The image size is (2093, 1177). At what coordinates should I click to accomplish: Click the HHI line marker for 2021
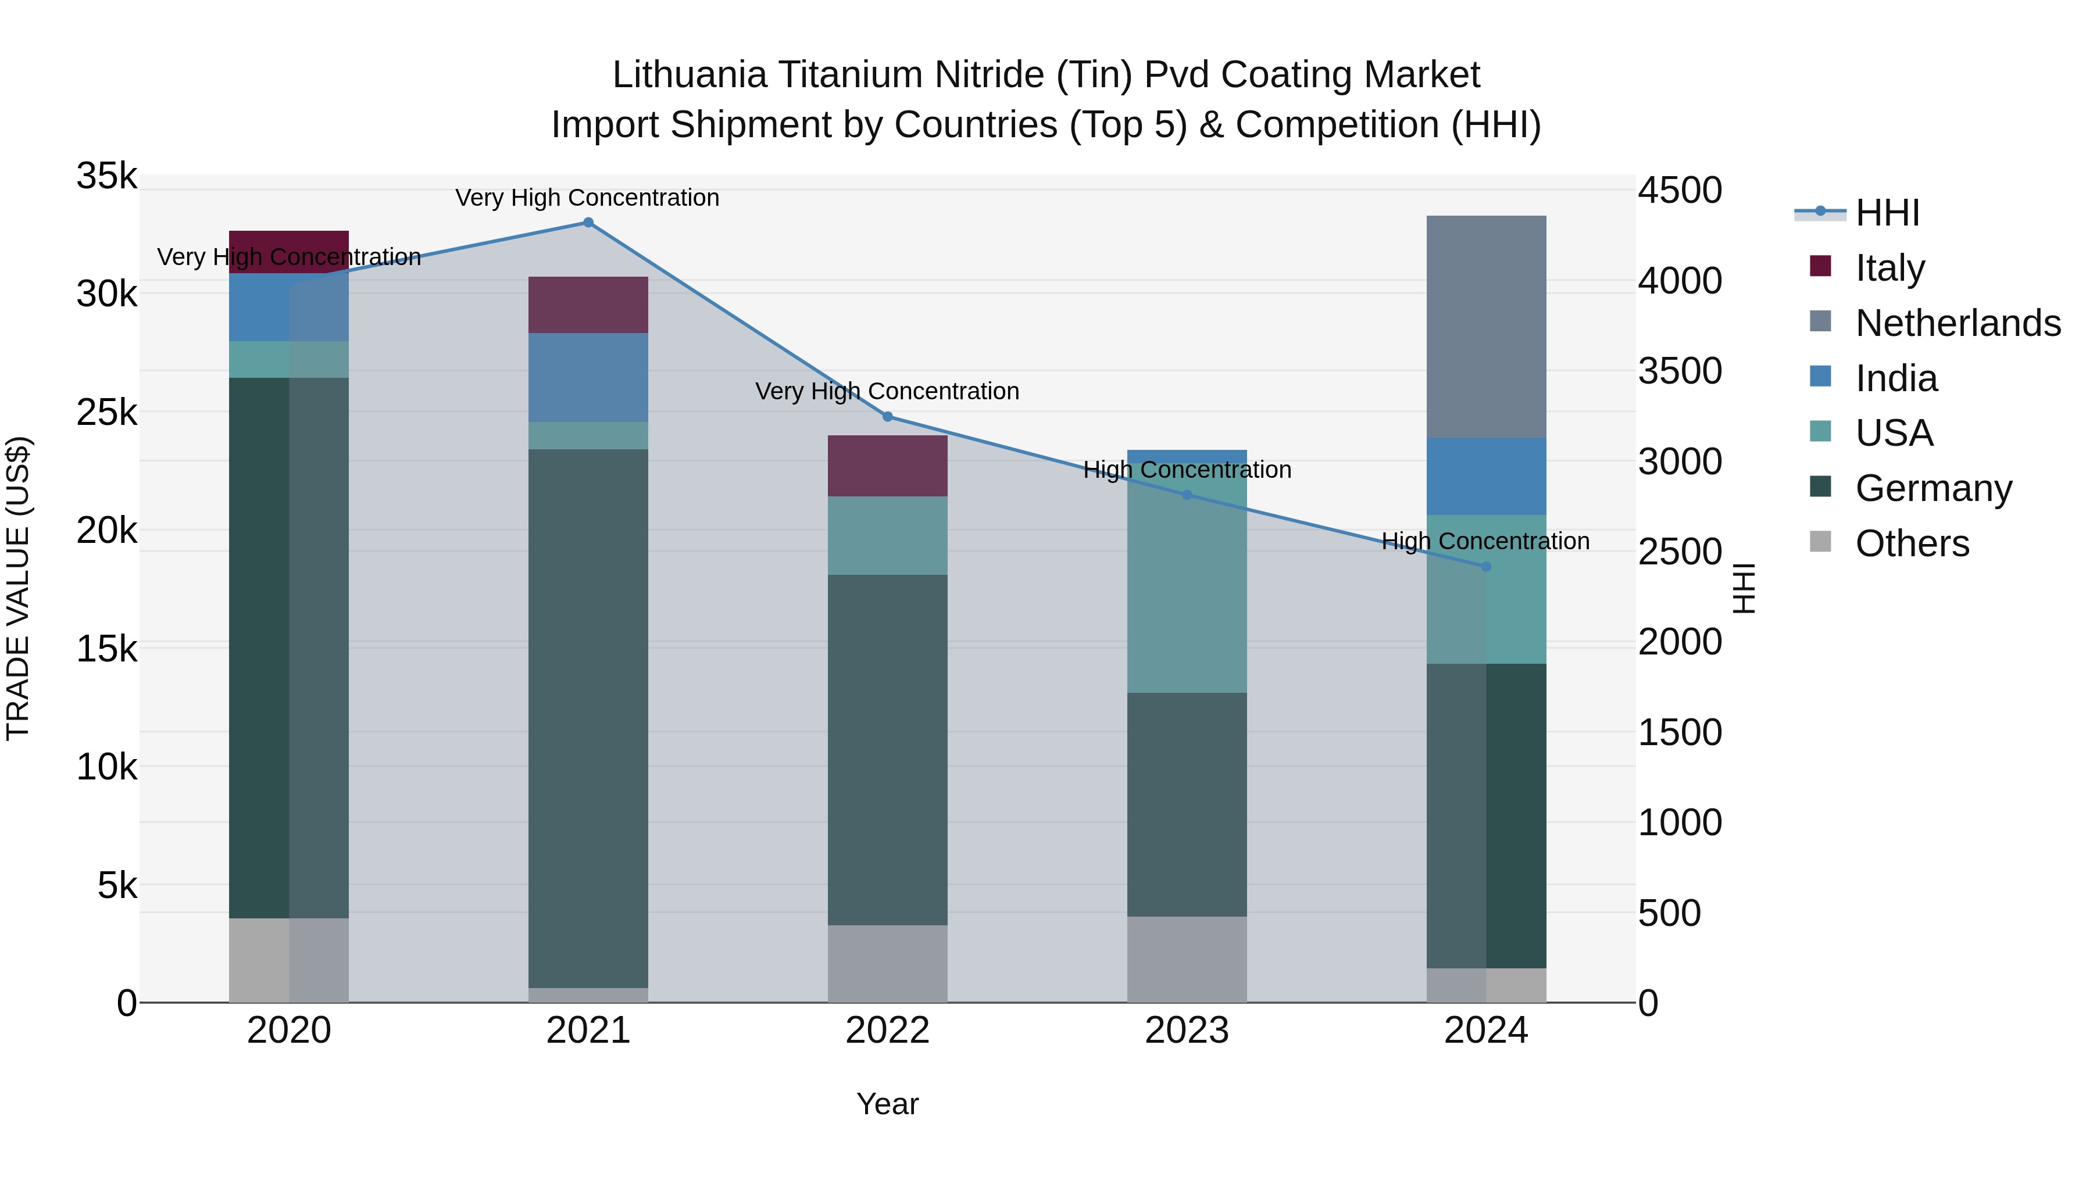point(588,223)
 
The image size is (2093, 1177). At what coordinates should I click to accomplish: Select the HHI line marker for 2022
point(887,417)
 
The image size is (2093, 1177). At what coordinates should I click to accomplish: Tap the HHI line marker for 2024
point(1486,567)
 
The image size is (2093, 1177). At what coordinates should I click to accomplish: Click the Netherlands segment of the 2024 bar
point(1486,327)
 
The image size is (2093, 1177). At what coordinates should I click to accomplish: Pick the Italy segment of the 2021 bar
point(588,305)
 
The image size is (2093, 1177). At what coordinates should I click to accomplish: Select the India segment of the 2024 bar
point(1486,476)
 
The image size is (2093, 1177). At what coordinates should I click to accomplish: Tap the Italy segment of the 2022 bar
point(887,466)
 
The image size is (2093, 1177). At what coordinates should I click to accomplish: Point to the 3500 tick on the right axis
point(1680,371)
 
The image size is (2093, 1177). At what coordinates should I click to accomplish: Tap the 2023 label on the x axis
point(1186,1031)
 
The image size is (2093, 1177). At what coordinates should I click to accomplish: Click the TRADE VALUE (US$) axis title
point(19,588)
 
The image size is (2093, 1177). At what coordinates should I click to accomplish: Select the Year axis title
point(887,1104)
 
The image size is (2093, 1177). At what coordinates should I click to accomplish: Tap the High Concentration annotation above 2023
point(1186,470)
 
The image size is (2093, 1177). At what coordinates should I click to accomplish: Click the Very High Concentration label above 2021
point(587,198)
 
